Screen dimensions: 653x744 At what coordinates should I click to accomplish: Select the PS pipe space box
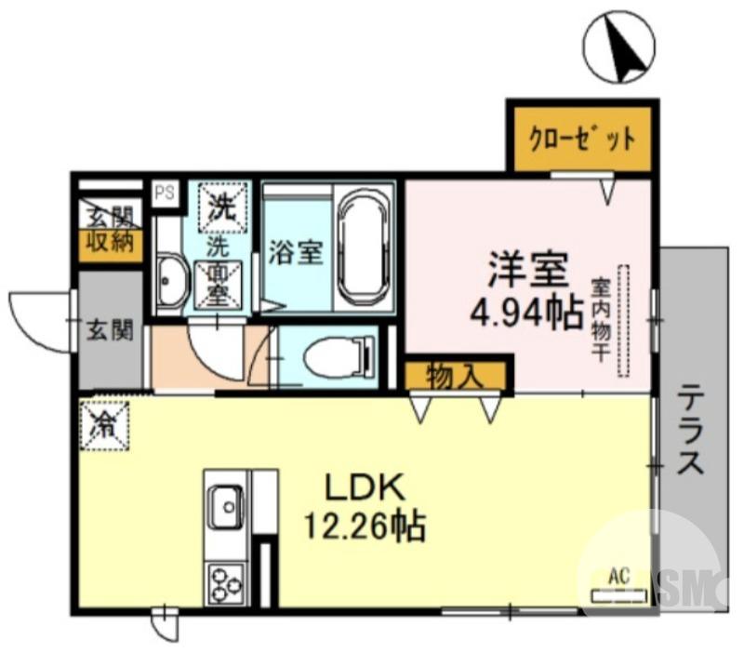(165, 193)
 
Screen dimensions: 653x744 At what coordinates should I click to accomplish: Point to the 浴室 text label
(295, 252)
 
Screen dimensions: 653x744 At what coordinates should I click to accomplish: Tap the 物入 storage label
(455, 377)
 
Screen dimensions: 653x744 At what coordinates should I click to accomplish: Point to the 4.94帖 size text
(526, 310)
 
